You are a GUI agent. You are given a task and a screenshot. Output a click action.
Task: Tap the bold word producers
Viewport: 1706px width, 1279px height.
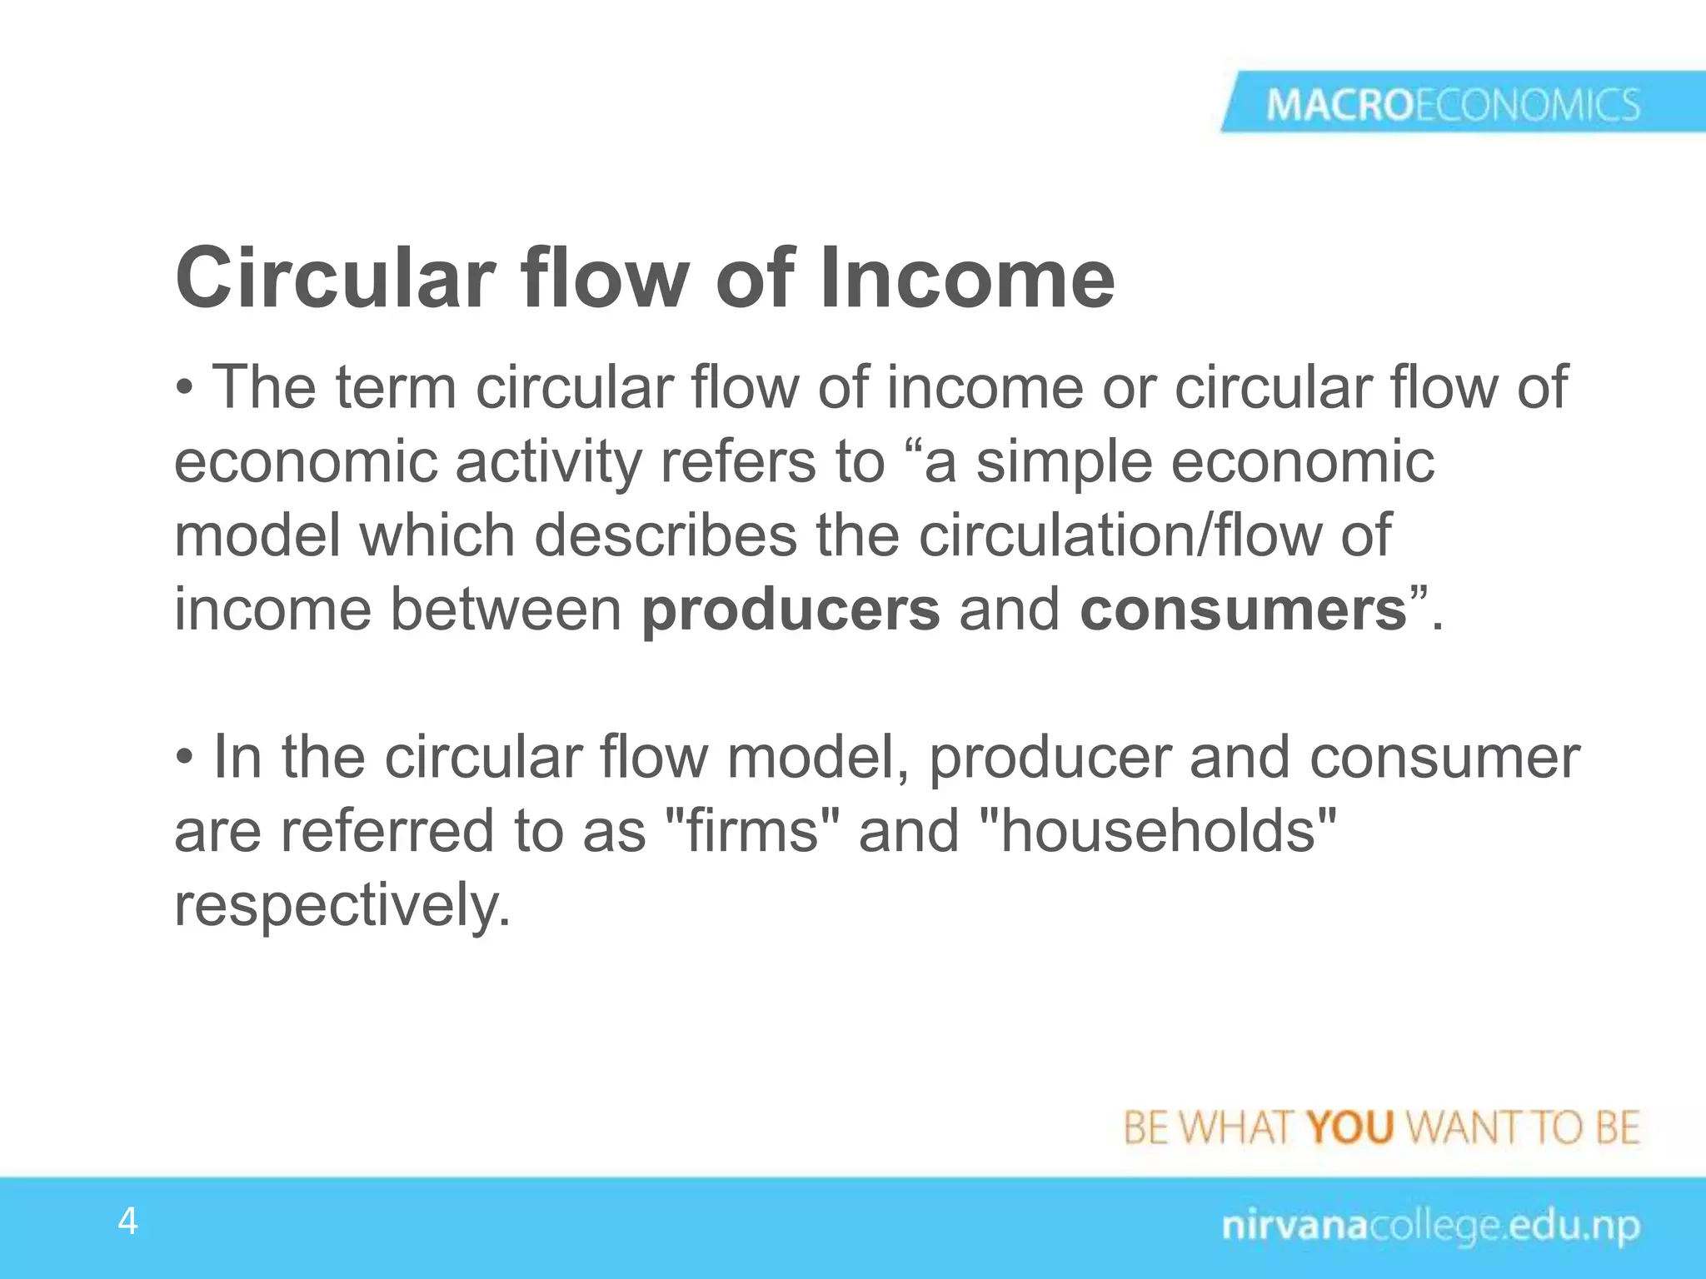pos(791,610)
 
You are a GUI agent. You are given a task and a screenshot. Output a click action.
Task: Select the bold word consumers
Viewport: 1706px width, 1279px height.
pos(1243,610)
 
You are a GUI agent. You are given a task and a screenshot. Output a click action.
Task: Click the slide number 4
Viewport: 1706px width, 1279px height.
pos(127,1222)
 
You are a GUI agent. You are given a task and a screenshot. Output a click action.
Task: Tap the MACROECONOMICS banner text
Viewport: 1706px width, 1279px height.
pos(1453,106)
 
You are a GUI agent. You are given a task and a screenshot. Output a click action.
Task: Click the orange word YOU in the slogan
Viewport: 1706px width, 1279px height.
pos(1349,1128)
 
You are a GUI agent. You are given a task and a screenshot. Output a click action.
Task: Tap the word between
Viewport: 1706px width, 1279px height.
pos(506,610)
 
